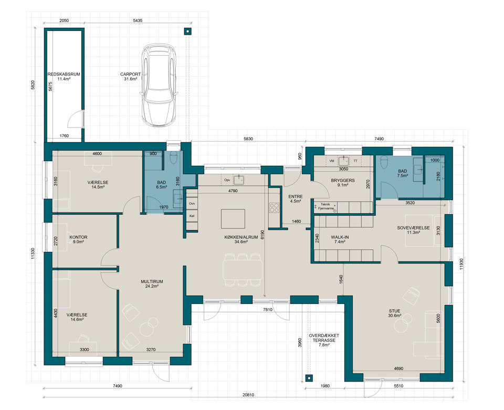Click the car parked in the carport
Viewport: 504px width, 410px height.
159,85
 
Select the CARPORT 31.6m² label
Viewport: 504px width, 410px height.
131,76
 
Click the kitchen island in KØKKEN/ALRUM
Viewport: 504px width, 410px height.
233,219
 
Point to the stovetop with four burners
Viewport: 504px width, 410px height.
274,207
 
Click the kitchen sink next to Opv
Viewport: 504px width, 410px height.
239,180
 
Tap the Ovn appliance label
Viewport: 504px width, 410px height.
192,204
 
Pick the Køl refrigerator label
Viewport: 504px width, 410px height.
192,216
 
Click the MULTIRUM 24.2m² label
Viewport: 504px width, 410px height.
152,283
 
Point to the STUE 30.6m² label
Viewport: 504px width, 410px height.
395,313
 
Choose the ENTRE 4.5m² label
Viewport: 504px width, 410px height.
296,199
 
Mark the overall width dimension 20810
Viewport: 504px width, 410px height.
249,395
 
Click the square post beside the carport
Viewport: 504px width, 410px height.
187,31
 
